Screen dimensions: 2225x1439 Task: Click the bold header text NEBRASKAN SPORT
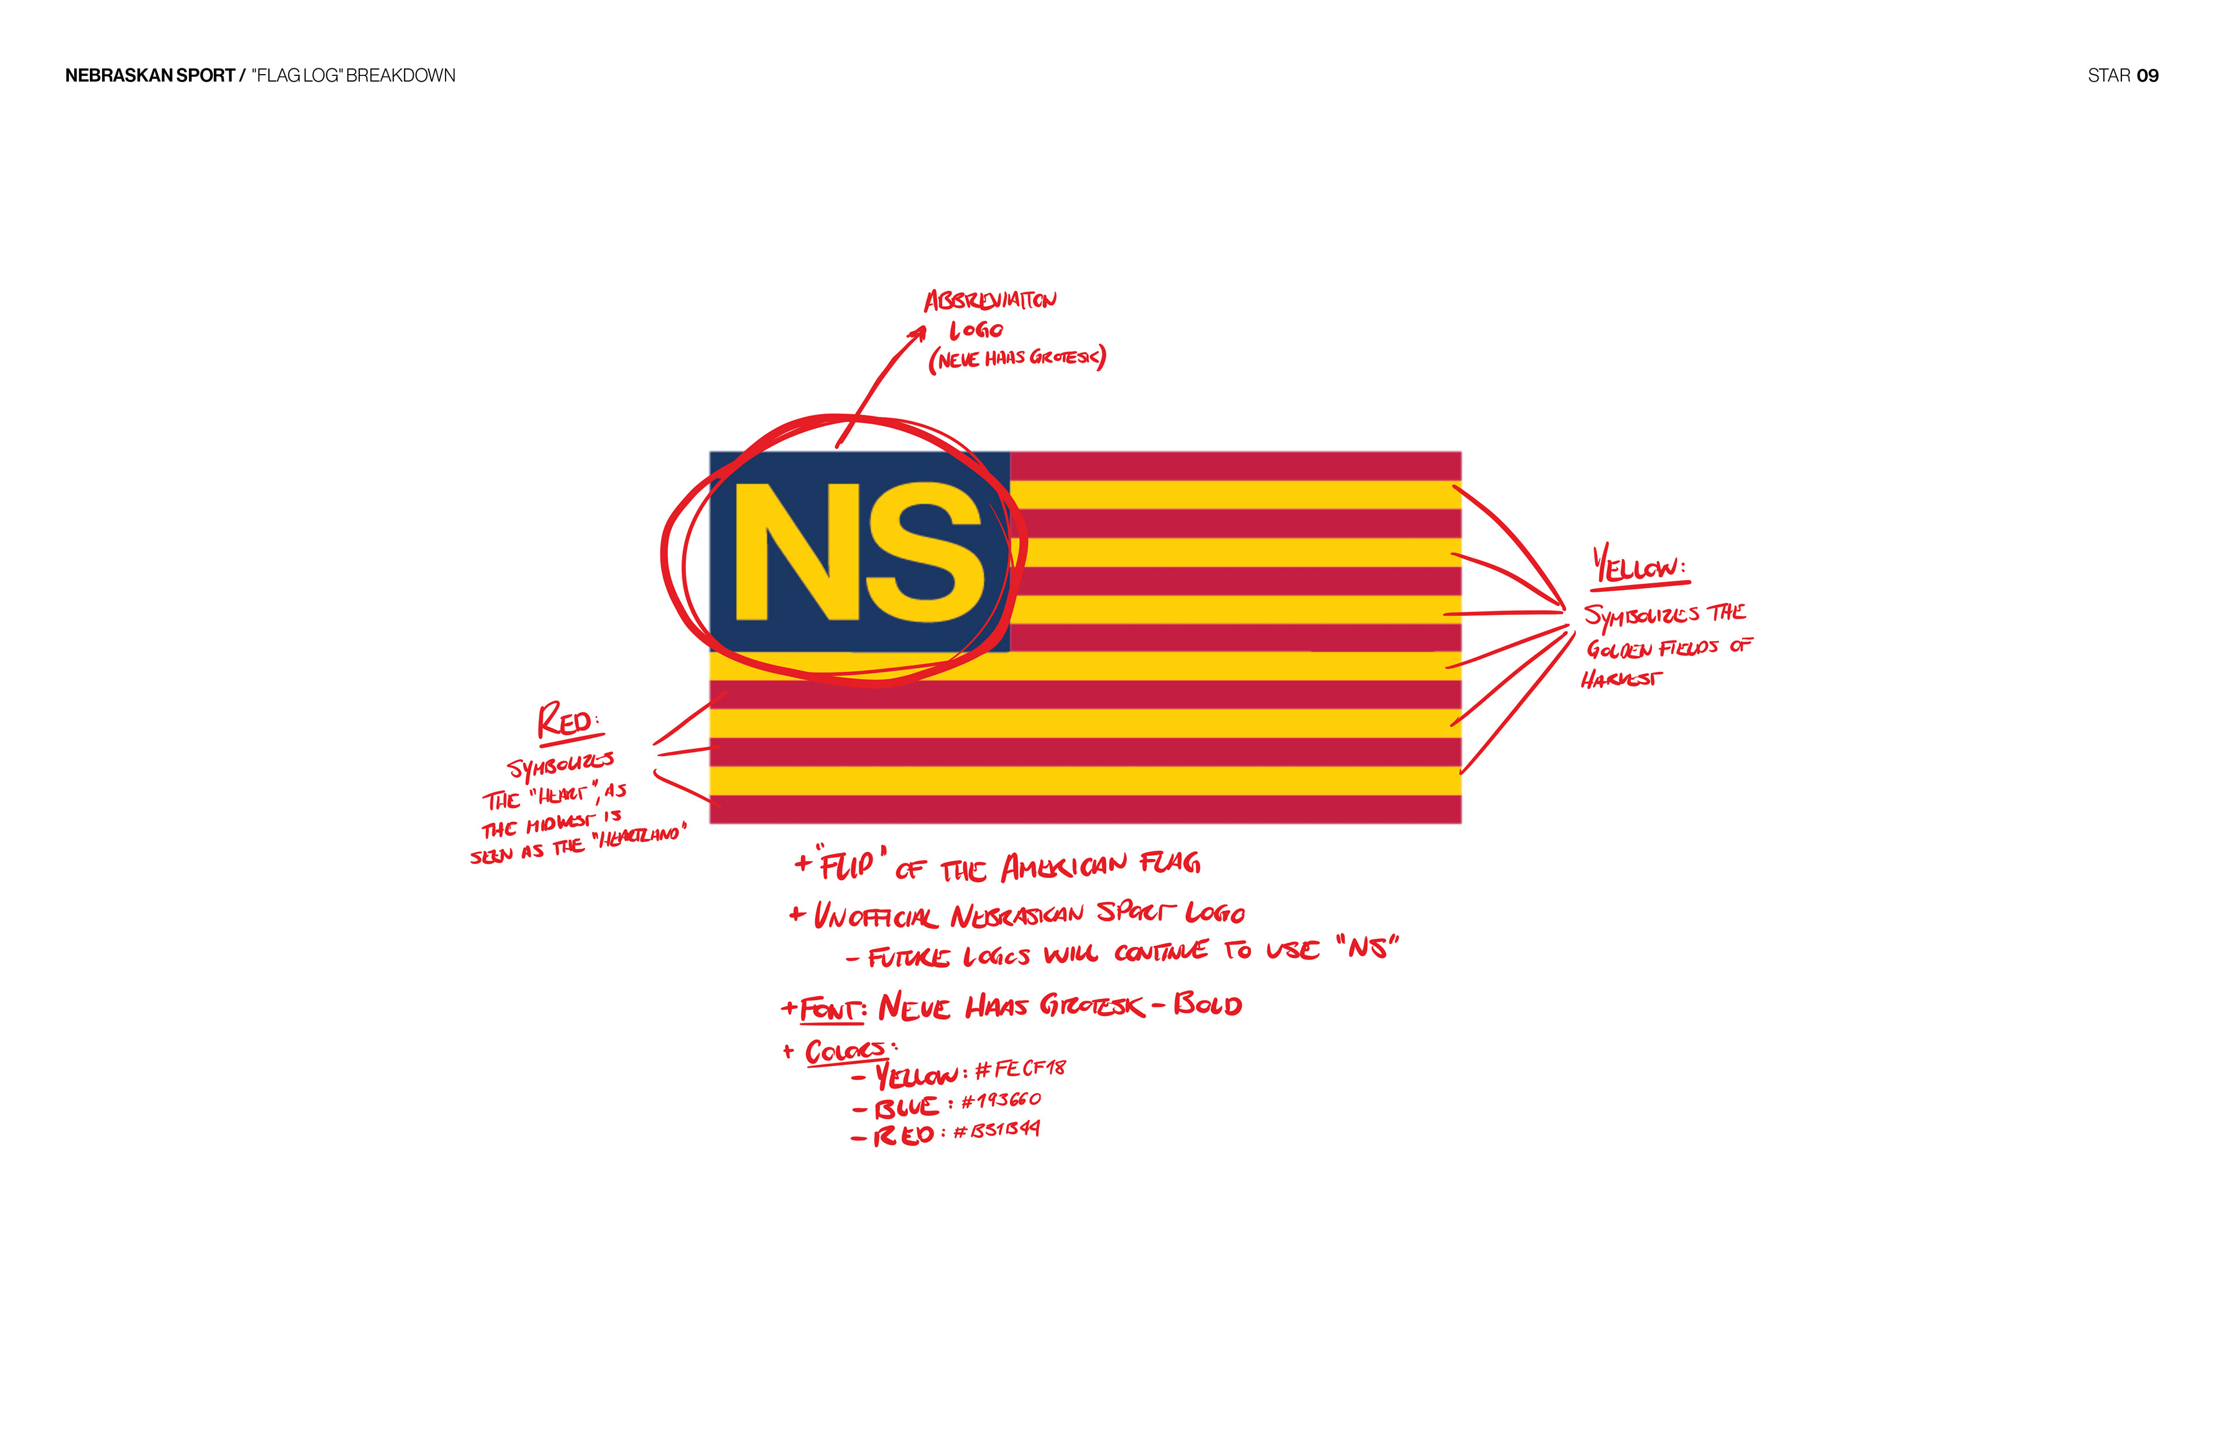pos(149,76)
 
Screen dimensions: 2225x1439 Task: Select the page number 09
pos(2147,76)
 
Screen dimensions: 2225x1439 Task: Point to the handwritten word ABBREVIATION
pos(990,301)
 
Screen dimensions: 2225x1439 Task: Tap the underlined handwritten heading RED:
pos(567,722)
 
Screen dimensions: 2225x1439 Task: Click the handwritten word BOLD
pos(1208,1005)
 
